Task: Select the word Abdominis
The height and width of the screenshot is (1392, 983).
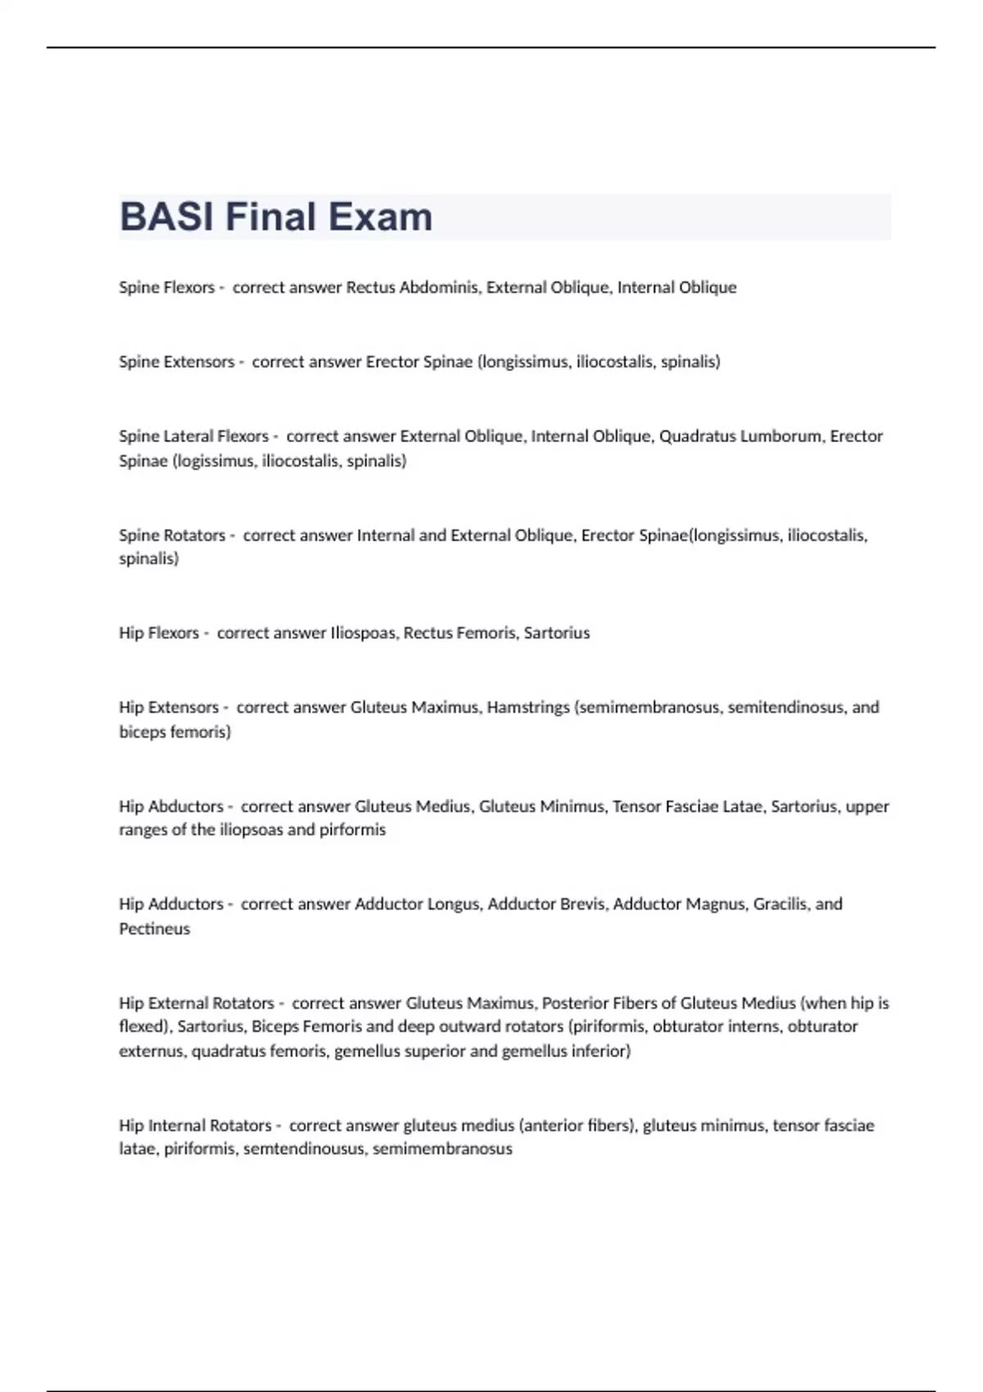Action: [x=439, y=287]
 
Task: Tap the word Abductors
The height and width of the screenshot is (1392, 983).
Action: [x=186, y=807]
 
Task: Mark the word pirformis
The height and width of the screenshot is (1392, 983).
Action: [x=352, y=829]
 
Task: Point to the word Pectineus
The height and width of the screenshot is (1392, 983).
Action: [x=154, y=929]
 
